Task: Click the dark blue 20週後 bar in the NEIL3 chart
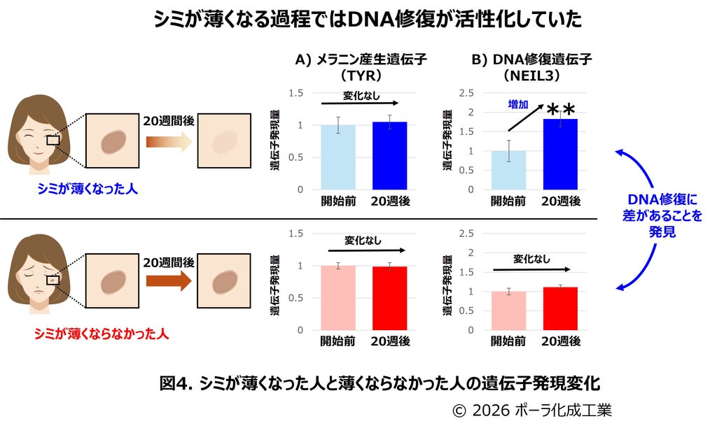pos(560,155)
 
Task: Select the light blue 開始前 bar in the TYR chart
pos(338,157)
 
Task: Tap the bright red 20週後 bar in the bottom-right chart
pos(560,309)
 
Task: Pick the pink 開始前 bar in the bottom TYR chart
pos(338,298)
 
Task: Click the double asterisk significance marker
pos(561,110)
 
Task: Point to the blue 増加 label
pos(518,105)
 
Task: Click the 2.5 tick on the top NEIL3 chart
pos(466,93)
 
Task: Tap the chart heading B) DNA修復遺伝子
pos(532,59)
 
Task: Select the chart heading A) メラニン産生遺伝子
pos(361,59)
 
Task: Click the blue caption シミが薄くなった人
pos(88,189)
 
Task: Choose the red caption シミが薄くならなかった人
pos(102,334)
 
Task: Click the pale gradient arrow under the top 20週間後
pos(169,141)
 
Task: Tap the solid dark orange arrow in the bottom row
pos(169,280)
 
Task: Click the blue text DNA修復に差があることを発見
pos(662,215)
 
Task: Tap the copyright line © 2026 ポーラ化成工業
pos(532,411)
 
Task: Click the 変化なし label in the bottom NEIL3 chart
pos(531,259)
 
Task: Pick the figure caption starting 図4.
pos(380,383)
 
